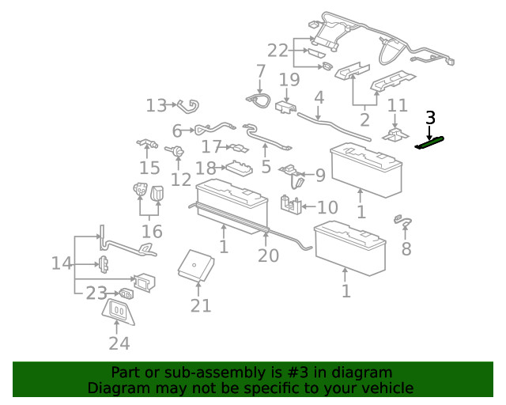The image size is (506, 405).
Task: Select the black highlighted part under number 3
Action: click(x=430, y=142)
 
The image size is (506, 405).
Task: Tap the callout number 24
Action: click(x=119, y=343)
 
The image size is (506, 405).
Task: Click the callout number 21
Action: click(x=201, y=305)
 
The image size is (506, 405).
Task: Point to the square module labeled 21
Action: click(x=194, y=265)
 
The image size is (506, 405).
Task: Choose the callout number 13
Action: click(x=157, y=105)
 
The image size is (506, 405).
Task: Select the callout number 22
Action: click(x=278, y=51)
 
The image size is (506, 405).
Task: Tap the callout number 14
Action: click(x=62, y=263)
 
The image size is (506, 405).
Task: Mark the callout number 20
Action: click(x=269, y=255)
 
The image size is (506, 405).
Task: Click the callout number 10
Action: click(x=327, y=208)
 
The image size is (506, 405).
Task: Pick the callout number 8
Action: click(x=406, y=249)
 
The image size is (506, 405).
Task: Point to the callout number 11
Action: click(x=397, y=105)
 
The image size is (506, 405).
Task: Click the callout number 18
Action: click(x=206, y=168)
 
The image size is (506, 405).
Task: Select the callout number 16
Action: click(x=152, y=232)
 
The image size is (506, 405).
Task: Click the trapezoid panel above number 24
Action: click(x=119, y=311)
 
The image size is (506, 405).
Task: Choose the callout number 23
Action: click(x=96, y=293)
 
